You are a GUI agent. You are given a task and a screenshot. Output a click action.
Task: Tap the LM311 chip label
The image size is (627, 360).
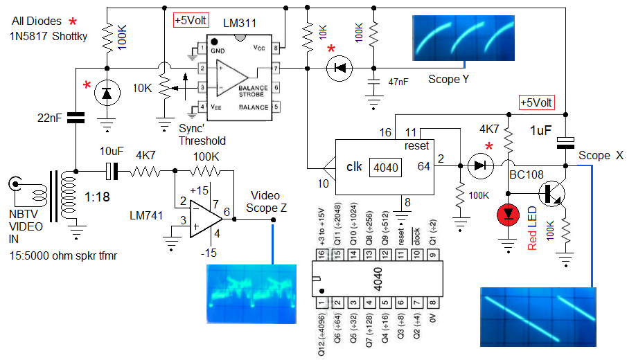click(240, 24)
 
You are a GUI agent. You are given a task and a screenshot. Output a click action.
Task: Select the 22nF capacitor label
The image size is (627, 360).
click(51, 118)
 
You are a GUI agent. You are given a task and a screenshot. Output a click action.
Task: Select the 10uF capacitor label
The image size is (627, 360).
click(111, 150)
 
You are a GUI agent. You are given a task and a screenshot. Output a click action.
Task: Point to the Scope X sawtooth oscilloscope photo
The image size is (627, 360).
click(538, 316)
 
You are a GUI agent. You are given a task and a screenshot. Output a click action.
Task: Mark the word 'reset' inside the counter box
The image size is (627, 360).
click(417, 146)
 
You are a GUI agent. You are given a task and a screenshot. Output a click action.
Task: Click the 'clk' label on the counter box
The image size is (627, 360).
click(355, 167)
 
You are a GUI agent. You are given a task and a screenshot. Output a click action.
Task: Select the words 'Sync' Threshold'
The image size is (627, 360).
click(202, 134)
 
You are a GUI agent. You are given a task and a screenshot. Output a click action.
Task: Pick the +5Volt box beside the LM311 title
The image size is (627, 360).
click(191, 21)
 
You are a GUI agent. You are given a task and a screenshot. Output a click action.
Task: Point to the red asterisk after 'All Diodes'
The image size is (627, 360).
click(73, 21)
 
